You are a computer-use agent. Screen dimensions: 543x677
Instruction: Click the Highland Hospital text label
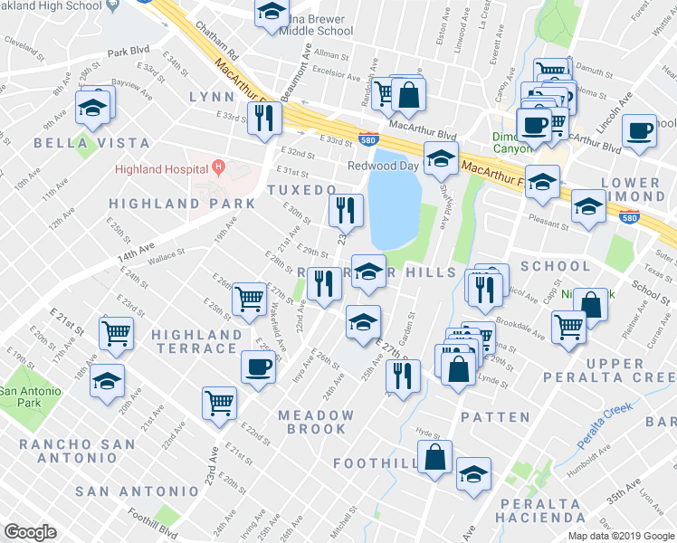click(x=159, y=169)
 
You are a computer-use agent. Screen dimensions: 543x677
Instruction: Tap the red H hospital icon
click(x=218, y=167)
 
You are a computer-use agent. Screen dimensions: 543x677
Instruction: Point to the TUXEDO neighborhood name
click(x=301, y=189)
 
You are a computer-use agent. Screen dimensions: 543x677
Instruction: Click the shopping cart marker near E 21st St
click(x=116, y=334)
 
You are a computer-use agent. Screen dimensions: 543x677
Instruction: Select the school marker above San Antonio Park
click(x=107, y=381)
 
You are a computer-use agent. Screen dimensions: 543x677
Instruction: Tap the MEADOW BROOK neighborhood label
click(x=316, y=422)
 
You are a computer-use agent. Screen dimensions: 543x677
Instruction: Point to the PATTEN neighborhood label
click(x=494, y=417)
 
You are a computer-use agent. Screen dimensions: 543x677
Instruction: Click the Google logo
click(x=30, y=532)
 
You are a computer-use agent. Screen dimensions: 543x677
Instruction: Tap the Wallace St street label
click(x=167, y=258)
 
